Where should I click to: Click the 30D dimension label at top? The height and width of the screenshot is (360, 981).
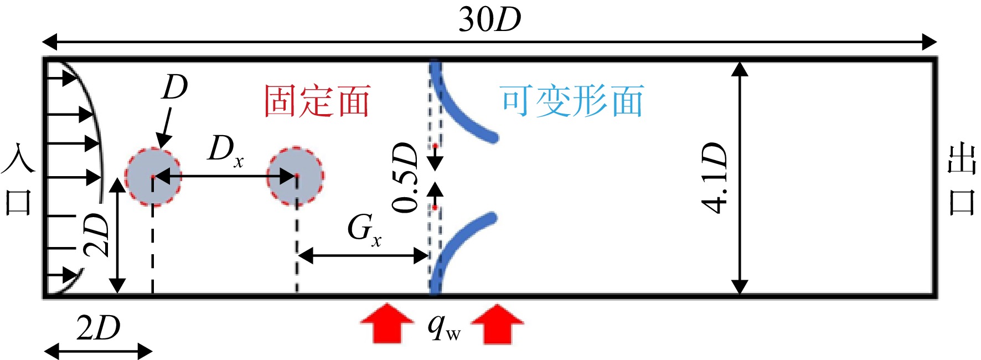(x=490, y=19)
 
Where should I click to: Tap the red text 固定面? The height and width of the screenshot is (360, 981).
(x=317, y=101)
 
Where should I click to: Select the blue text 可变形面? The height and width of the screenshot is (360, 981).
(x=572, y=101)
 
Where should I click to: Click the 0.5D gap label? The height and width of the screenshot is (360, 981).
(x=405, y=178)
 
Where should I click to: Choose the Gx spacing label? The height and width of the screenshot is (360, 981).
(x=364, y=229)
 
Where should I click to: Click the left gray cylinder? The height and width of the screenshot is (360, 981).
(x=153, y=177)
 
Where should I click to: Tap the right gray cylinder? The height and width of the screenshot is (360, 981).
(x=296, y=177)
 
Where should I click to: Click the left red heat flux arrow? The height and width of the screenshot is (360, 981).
(x=387, y=323)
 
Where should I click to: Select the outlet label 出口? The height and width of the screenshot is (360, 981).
(x=962, y=178)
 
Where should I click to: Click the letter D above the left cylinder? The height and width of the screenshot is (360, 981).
(x=175, y=88)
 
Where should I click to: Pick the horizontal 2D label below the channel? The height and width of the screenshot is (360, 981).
(x=98, y=328)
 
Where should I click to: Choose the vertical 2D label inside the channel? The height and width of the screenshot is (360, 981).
(x=96, y=235)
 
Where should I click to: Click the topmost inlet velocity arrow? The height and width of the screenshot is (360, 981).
(x=63, y=78)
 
